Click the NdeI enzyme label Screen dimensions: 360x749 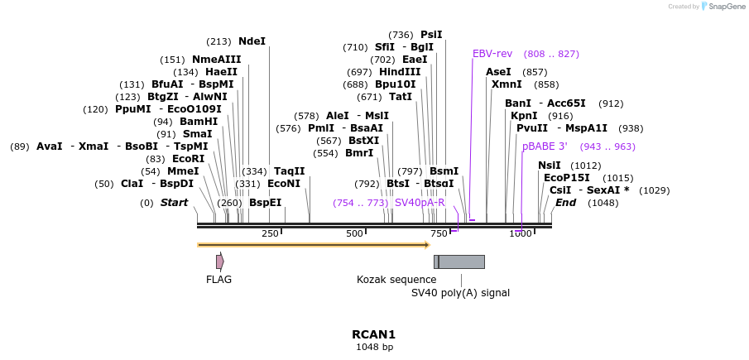[x=252, y=41]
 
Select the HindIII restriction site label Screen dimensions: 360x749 [x=400, y=72]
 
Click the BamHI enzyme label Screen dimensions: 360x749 [x=198, y=122]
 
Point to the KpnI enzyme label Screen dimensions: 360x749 [x=524, y=116]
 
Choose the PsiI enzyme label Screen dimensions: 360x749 [x=431, y=35]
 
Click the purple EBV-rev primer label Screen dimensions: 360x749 [x=492, y=54]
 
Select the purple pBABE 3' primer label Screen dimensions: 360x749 [x=545, y=146]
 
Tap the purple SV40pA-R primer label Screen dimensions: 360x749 [x=420, y=203]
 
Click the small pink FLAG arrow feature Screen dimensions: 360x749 [x=219, y=262]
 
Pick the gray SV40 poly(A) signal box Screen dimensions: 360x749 [x=461, y=262]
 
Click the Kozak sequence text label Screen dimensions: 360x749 [x=396, y=280]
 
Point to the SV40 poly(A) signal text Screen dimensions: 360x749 [x=460, y=293]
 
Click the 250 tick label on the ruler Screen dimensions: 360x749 [x=270, y=233]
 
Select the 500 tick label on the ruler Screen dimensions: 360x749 [x=354, y=233]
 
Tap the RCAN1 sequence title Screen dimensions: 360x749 [x=374, y=334]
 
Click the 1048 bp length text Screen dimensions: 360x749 [x=374, y=348]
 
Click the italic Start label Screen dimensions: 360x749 [x=174, y=203]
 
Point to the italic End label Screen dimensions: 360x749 [x=565, y=203]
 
